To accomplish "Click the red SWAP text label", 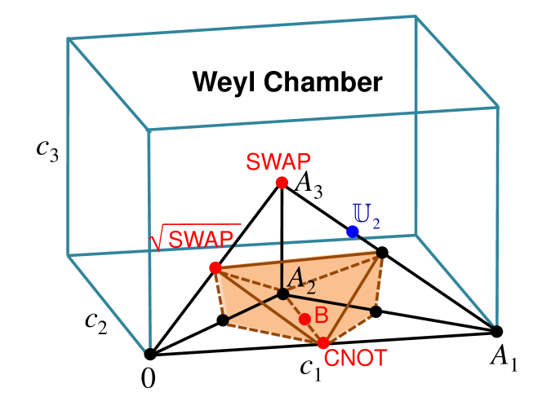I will coord(278,161).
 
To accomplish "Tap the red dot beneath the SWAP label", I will coord(282,183).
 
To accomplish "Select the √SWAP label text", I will coord(201,239).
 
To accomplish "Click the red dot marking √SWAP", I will coord(215,267).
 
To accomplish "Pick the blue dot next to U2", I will coord(352,232).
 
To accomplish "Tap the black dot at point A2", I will coord(282,293).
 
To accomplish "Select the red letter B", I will coord(321,316).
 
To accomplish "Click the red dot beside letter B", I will coord(304,319).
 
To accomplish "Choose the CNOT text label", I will coord(355,358).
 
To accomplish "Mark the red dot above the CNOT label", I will coord(323,343).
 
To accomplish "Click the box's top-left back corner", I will coord(68,38).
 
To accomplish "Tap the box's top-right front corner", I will coord(498,107).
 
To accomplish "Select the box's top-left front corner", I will coord(149,130).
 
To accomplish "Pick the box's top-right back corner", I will coord(415,16).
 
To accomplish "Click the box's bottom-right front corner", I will coord(497,324).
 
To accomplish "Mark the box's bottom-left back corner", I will coord(68,256).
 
